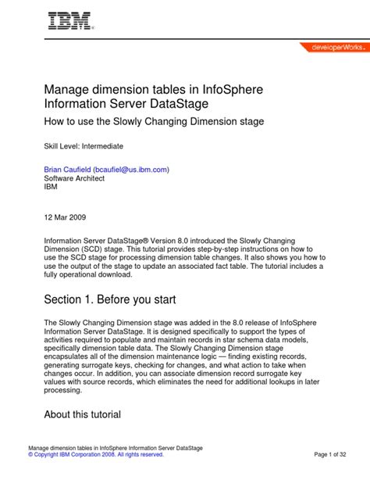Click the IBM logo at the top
tap(69, 21)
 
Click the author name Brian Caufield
tap(66, 169)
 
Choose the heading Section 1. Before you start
tap(110, 299)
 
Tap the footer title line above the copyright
tap(116, 447)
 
